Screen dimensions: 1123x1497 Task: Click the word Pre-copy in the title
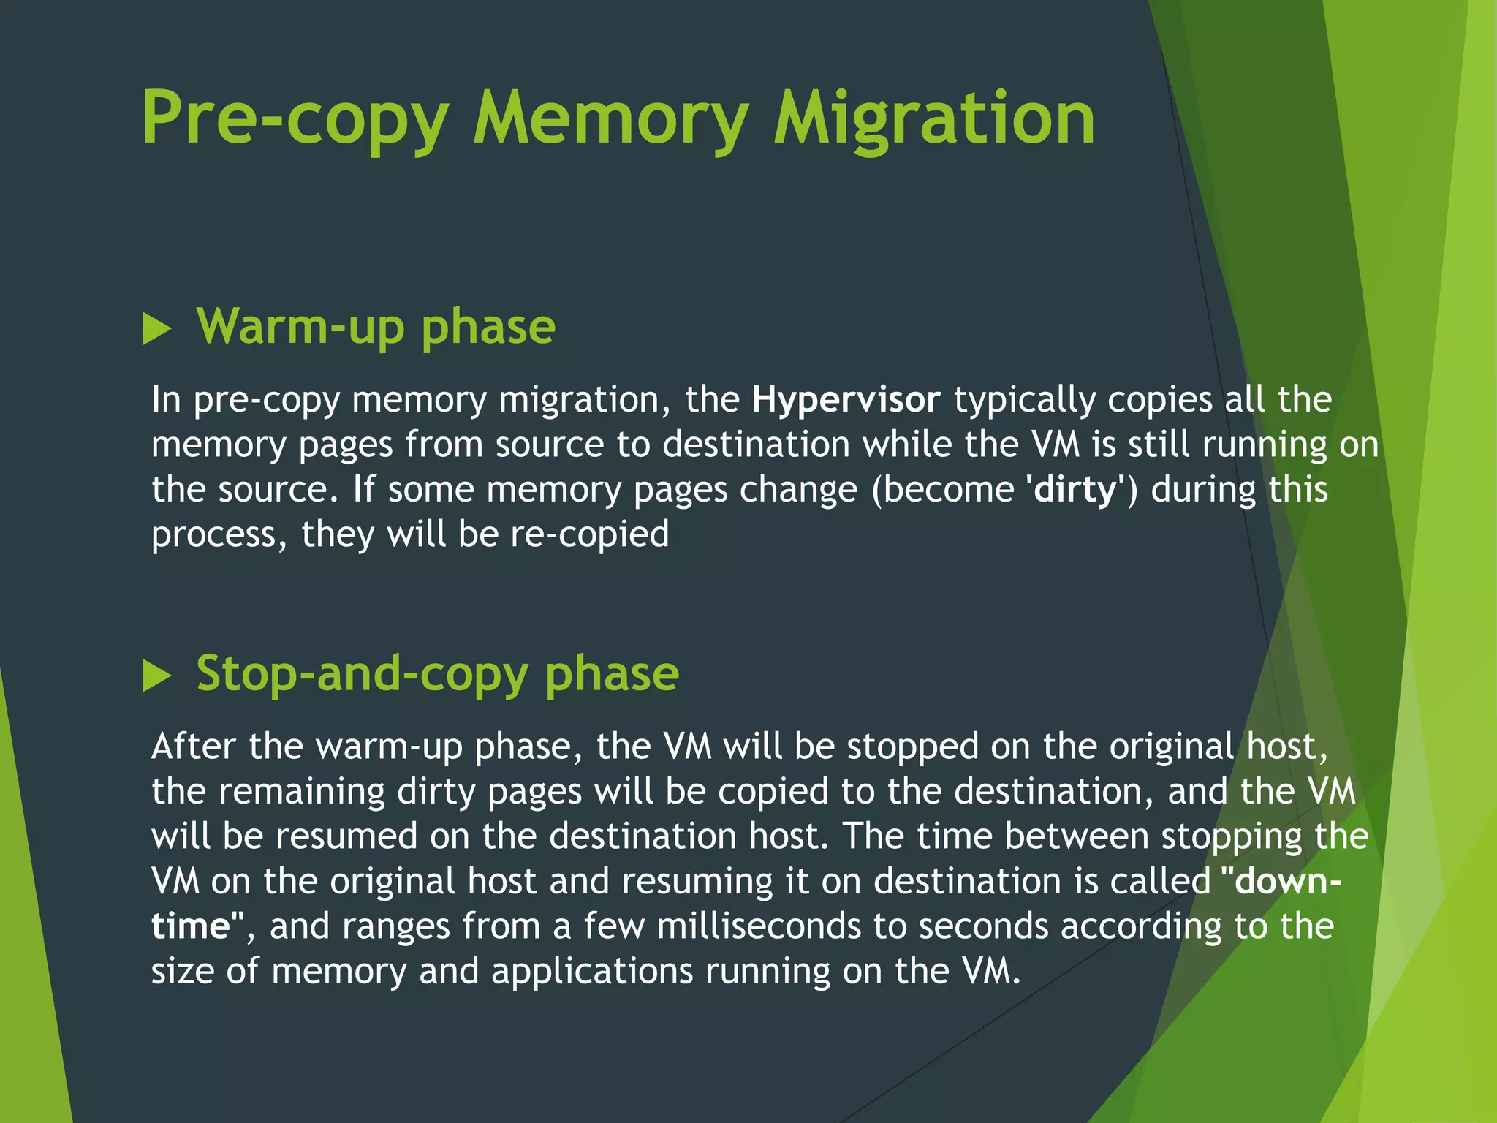click(x=295, y=118)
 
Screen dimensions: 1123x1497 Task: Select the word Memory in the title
click(x=610, y=118)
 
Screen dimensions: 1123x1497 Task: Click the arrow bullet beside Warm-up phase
click(x=157, y=329)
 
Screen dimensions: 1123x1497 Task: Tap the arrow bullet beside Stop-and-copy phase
click(x=157, y=676)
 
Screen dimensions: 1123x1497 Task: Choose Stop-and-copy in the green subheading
click(x=362, y=673)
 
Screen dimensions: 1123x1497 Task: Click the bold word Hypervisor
click(x=846, y=400)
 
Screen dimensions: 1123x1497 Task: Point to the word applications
click(x=591, y=971)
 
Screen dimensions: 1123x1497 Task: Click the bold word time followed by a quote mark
click(x=192, y=926)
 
